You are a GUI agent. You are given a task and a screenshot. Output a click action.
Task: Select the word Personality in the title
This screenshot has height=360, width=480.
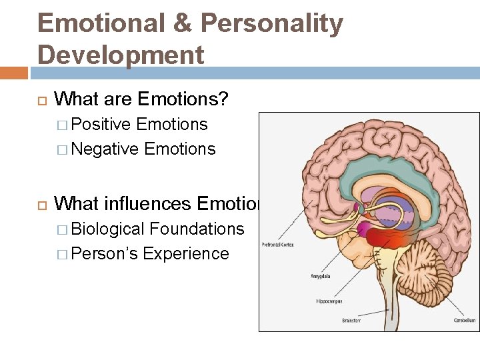[x=272, y=24]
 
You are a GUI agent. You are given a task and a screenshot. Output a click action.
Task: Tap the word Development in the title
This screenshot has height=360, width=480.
[x=121, y=55]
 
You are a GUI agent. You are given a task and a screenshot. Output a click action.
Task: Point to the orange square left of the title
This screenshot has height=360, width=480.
[x=13, y=72]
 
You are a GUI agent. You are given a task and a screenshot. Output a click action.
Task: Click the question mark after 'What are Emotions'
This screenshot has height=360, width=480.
[x=223, y=100]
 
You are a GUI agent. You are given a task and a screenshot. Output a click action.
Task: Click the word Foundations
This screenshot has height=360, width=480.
[x=197, y=229]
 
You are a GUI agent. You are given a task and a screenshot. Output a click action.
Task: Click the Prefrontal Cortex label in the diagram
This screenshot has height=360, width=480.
[x=277, y=244]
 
